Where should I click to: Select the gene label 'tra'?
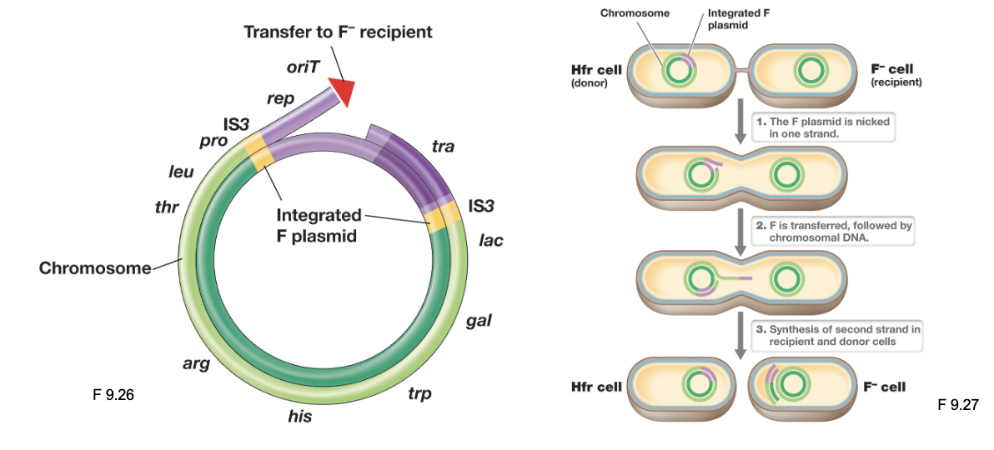[x=443, y=146]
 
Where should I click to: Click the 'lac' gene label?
[x=491, y=241]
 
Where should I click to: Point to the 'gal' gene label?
[x=478, y=321]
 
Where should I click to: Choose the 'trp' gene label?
[x=419, y=392]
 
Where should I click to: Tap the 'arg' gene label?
[x=196, y=362]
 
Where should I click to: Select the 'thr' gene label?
[x=167, y=207]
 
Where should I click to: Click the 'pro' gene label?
[x=213, y=140]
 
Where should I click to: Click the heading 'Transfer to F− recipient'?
[x=338, y=32]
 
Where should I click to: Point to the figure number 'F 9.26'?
[x=113, y=395]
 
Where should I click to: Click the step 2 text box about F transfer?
[x=833, y=232]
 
